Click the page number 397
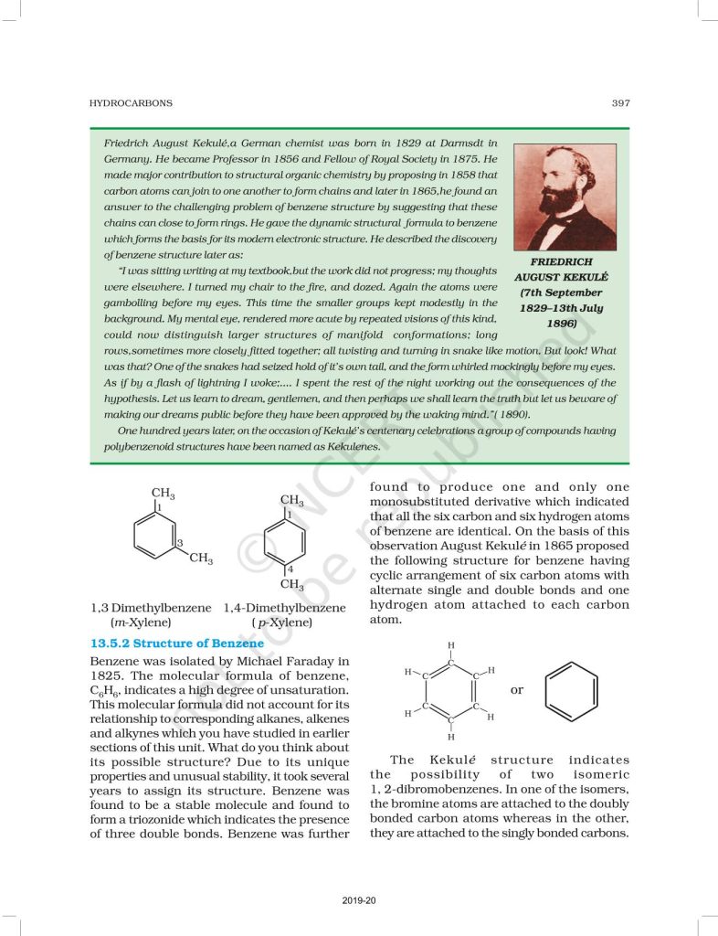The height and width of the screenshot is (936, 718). (x=620, y=104)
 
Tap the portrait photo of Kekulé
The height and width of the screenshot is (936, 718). (x=565, y=197)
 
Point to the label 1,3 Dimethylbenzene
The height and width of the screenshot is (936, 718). (x=151, y=608)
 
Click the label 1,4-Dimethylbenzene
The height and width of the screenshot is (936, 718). (x=284, y=608)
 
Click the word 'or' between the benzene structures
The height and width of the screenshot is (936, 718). (x=517, y=689)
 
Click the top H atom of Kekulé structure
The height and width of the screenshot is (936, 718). (x=450, y=646)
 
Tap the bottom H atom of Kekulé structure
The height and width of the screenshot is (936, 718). (x=450, y=736)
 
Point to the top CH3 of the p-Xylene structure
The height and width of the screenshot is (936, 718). (x=291, y=501)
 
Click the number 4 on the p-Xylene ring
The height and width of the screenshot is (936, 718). (x=290, y=569)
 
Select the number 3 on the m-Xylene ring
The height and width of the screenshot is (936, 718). (x=179, y=544)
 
